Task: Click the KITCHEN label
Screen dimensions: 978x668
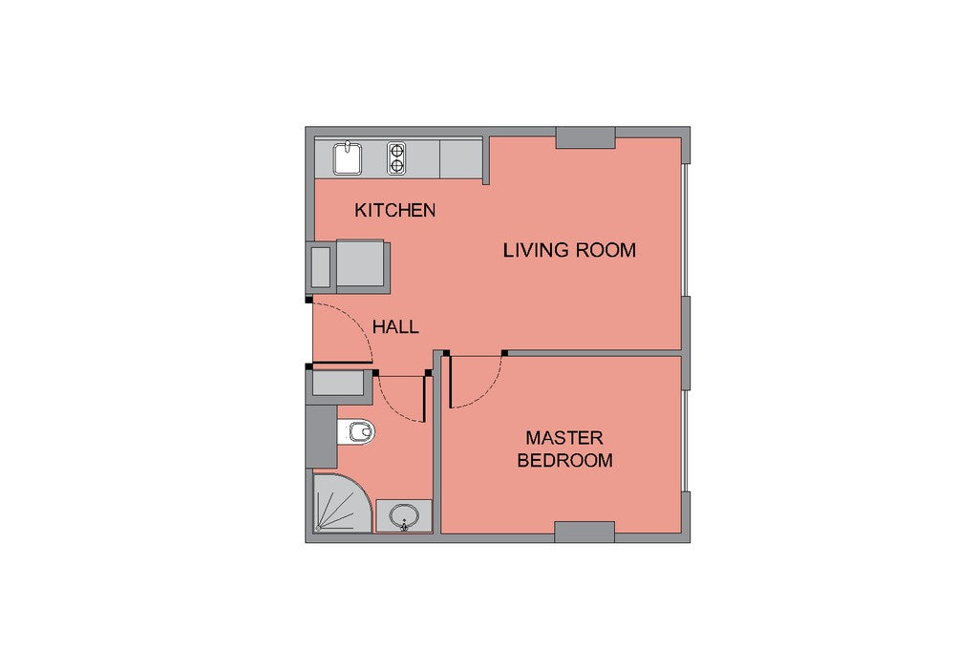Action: coord(394,211)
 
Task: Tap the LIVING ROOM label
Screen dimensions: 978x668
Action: coord(569,250)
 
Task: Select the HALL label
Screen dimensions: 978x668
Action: coord(395,327)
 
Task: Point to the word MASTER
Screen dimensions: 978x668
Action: coord(564,438)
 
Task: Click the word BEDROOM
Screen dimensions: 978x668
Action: coord(565,461)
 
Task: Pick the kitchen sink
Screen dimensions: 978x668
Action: coord(347,158)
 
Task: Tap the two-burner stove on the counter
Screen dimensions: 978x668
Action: coord(396,158)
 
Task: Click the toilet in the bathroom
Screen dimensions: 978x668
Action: coord(356,431)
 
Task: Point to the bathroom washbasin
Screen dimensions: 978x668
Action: coord(404,516)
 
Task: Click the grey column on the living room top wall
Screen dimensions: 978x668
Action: coord(585,137)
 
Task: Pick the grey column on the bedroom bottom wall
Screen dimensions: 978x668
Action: coord(585,532)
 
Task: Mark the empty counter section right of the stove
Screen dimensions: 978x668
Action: coord(461,159)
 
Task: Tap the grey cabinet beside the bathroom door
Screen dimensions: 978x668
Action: coord(337,384)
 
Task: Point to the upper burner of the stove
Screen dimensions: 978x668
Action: coord(396,150)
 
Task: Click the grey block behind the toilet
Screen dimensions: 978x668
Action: coord(322,437)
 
